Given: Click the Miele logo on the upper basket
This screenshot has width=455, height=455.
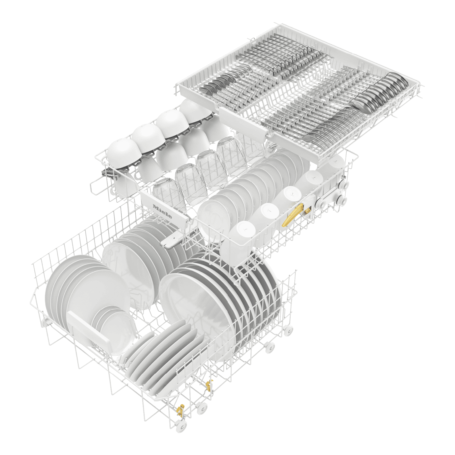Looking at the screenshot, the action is pyautogui.click(x=162, y=211).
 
